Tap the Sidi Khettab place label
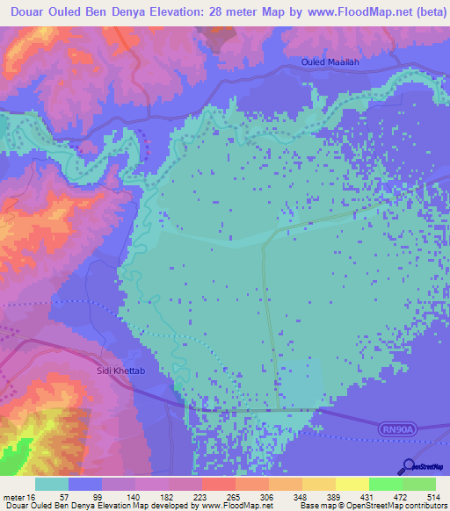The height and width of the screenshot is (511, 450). (120, 371)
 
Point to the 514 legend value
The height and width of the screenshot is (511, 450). (432, 497)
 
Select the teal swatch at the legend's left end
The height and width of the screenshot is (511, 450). (51, 484)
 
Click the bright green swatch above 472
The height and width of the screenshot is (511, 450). (385, 484)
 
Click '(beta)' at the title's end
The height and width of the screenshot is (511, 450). (425, 11)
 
